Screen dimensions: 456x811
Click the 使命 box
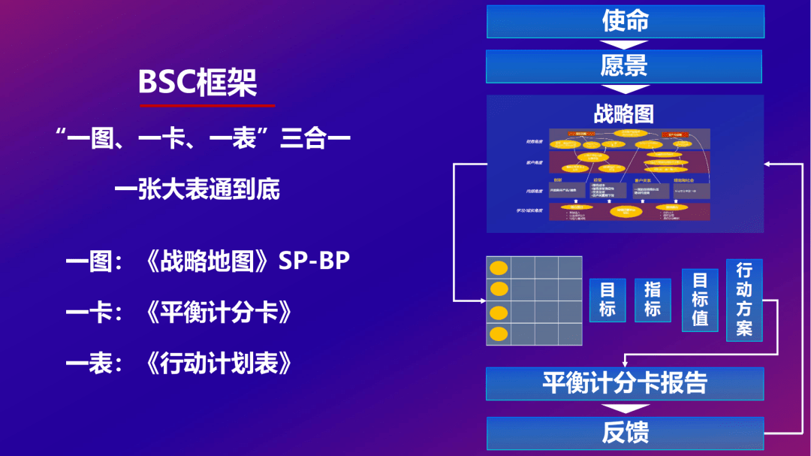[x=625, y=21]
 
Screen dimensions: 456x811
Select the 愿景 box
[x=624, y=66]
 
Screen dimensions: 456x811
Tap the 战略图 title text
[x=624, y=113]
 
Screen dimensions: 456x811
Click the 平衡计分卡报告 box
[x=625, y=383]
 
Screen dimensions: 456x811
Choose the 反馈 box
[x=625, y=433]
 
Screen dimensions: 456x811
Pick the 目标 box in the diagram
[x=607, y=300]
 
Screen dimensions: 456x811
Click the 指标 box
[x=653, y=300]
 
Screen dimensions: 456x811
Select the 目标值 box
[x=700, y=300]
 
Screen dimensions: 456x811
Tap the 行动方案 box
[x=744, y=300]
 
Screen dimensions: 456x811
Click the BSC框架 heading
[x=197, y=83]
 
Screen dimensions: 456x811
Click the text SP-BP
[x=314, y=261]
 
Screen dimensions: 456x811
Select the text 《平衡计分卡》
[x=218, y=313]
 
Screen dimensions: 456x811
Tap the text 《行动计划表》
[x=218, y=364]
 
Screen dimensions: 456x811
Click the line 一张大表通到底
[x=197, y=189]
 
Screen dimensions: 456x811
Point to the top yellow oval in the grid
[x=498, y=267]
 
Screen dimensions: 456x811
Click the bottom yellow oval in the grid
[x=498, y=334]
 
